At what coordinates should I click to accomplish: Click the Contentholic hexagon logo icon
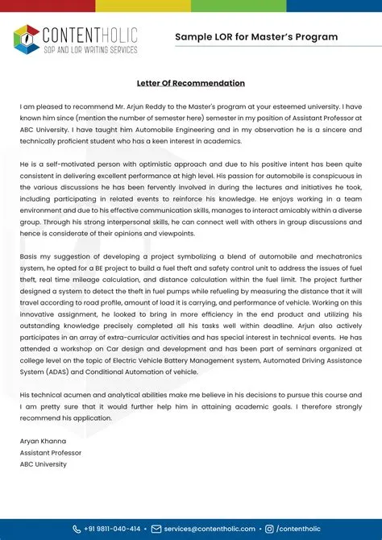point(27,37)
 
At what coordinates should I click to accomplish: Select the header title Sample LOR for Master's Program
point(256,37)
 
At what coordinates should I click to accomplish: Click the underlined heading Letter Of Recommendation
point(190,83)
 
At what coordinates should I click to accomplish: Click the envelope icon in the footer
point(156,530)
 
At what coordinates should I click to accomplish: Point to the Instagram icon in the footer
point(269,530)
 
